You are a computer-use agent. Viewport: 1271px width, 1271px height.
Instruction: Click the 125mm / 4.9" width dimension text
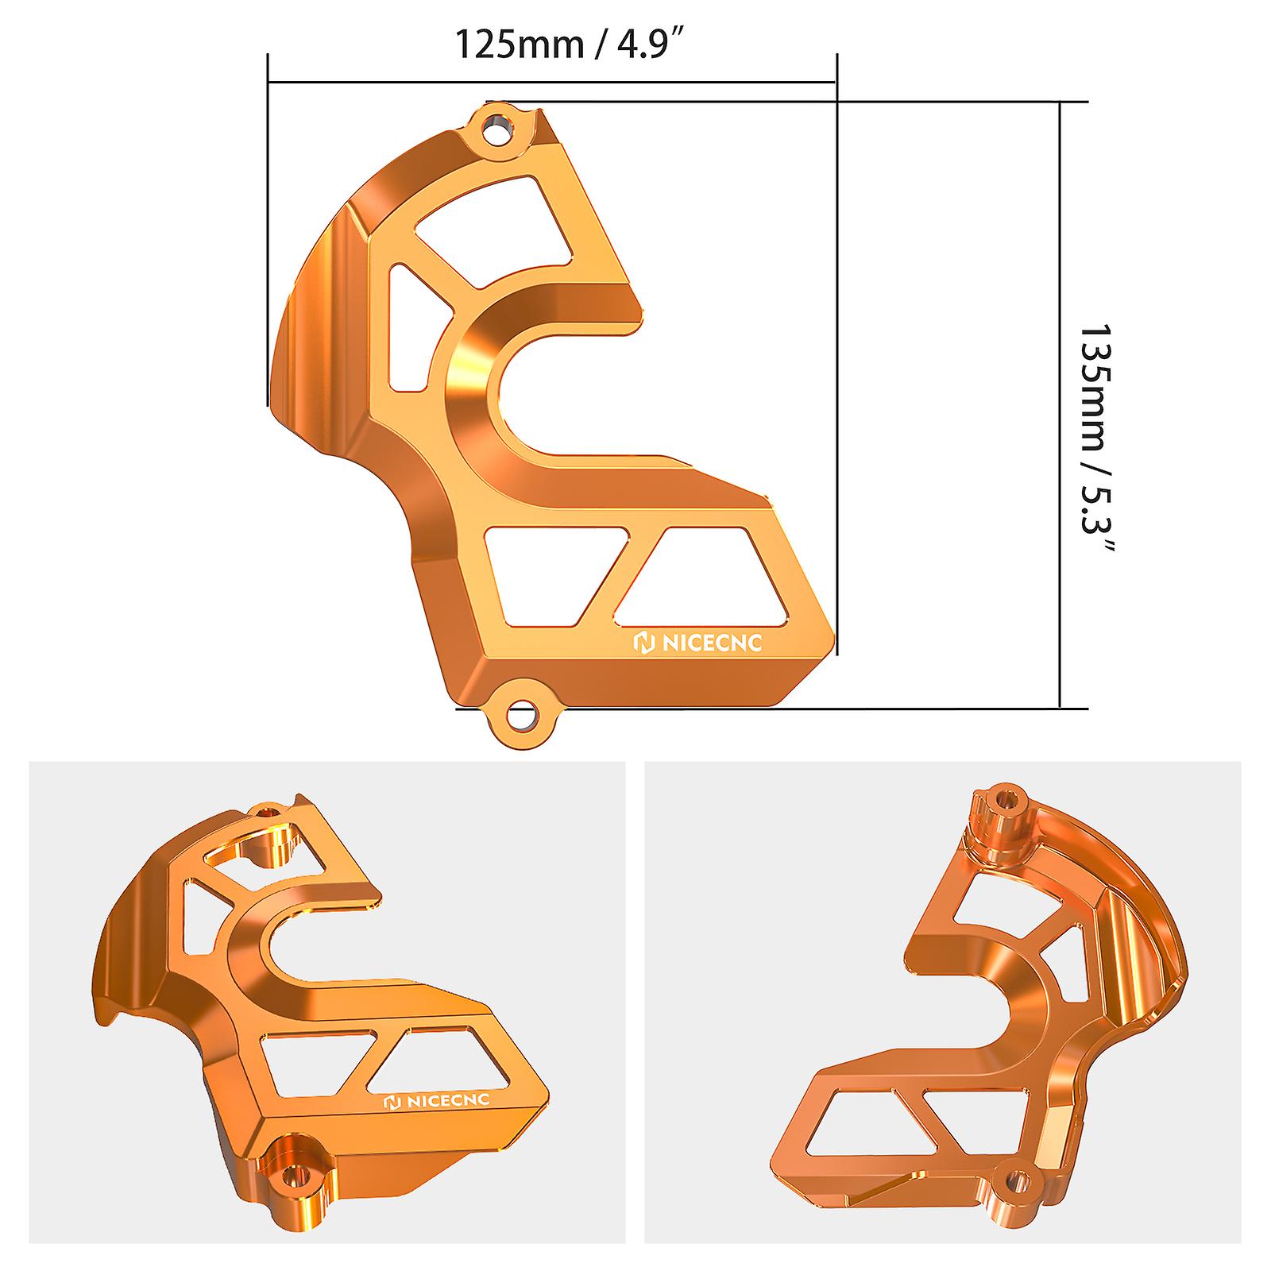click(x=570, y=45)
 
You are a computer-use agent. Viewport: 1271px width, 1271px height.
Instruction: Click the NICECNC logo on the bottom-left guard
click(x=437, y=1101)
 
